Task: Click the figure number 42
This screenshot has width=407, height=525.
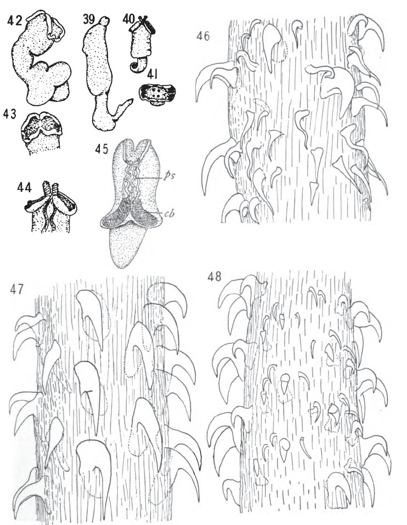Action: pos(15,20)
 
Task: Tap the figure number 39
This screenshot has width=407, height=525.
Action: pos(89,19)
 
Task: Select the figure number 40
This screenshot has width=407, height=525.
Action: pos(128,19)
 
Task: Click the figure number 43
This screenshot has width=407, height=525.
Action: pos(10,114)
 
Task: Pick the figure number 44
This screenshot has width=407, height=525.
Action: pos(25,187)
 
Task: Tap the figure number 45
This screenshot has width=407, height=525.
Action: pos(101,149)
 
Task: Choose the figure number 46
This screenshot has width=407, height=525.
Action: pos(203,36)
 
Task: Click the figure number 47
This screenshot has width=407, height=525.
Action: pos(16,289)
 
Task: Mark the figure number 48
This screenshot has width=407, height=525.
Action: pos(214,277)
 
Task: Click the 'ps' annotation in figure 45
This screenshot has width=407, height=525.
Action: pos(168,176)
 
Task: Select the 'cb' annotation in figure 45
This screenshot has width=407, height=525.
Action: pos(169,213)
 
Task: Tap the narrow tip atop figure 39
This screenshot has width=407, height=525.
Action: pos(104,22)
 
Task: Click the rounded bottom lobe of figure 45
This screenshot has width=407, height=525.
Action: pos(126,246)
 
